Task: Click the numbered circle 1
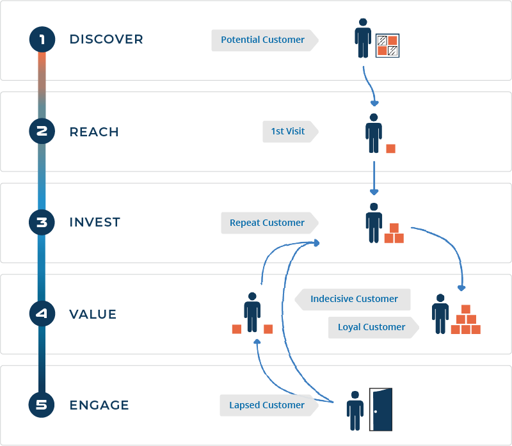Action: [42, 40]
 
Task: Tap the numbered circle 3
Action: [42, 222]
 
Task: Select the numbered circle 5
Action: [42, 405]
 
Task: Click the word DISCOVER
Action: [106, 39]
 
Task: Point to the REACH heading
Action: [94, 132]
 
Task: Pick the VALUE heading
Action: [93, 314]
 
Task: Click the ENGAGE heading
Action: [99, 405]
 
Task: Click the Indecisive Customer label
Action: [353, 299]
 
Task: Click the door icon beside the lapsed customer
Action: [381, 410]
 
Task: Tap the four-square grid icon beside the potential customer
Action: [387, 45]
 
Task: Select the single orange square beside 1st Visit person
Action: [390, 148]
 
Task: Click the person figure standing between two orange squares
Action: [252, 312]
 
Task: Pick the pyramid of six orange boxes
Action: [466, 319]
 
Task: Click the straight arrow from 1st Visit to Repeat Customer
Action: [374, 178]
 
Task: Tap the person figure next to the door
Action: [355, 411]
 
